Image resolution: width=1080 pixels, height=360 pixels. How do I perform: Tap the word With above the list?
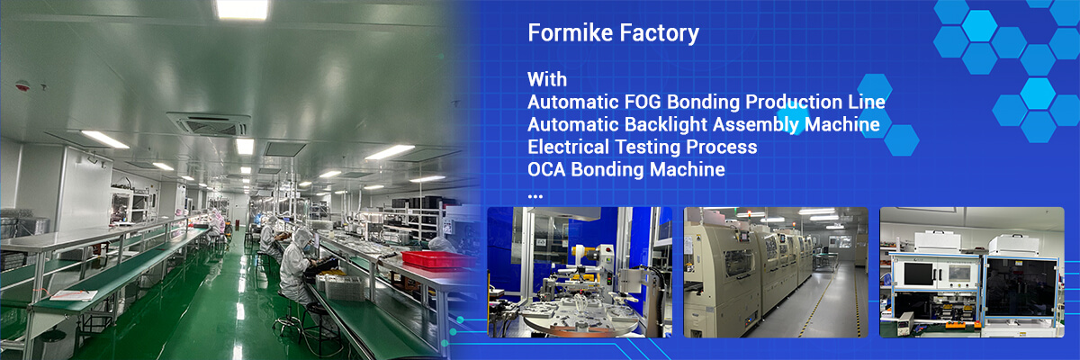547,78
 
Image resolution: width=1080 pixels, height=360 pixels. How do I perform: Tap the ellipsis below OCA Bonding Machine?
535,194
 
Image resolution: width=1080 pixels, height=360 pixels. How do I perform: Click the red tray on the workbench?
436,259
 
